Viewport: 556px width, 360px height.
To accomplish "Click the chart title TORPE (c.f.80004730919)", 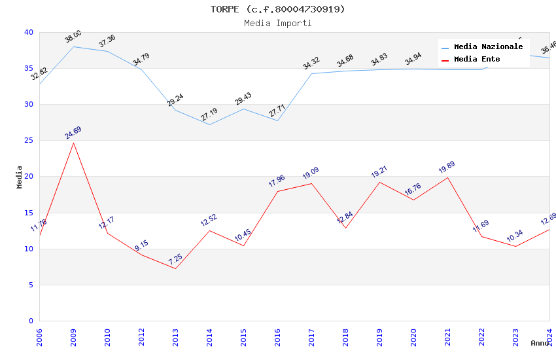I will (277, 9).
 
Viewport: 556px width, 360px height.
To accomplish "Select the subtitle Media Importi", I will (277, 23).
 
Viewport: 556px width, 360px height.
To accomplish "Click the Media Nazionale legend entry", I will (488, 47).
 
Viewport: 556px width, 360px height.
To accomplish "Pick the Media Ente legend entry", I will (477, 60).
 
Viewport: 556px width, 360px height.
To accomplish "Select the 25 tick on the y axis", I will (28, 141).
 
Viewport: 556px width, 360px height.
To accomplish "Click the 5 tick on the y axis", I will (30, 285).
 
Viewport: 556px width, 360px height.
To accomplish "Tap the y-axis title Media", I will (20, 177).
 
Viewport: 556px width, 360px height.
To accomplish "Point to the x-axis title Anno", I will (540, 343).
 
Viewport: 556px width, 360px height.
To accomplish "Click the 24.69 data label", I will (73, 133).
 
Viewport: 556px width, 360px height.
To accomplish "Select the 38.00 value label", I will (73, 37).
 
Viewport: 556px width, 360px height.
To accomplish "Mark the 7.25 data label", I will (175, 259).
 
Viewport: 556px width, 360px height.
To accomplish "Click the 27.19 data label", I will (209, 115).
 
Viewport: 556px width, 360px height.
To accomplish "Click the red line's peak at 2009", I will (73, 143).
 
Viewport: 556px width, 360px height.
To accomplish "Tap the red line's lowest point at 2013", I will (175, 268).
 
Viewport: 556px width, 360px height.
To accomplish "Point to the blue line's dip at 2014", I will (209, 124).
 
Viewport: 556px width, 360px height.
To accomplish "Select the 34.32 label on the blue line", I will (311, 63).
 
